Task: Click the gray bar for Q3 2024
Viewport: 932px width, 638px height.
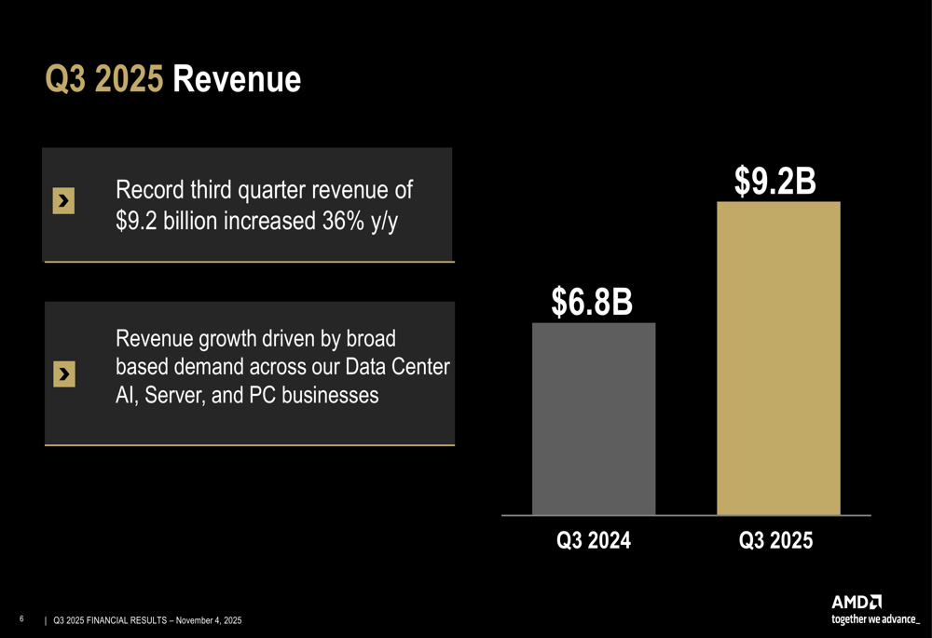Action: [x=594, y=418]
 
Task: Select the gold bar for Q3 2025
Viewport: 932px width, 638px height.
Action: [x=778, y=358]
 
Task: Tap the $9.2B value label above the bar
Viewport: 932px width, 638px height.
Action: [x=775, y=182]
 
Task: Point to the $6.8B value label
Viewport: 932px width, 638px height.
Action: [x=592, y=302]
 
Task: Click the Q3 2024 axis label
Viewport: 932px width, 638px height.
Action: [x=594, y=540]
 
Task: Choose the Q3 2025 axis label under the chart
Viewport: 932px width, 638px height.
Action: [x=775, y=540]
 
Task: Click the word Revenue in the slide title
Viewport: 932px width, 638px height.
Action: [x=237, y=80]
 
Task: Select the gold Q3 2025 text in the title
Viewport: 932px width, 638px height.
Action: [x=104, y=80]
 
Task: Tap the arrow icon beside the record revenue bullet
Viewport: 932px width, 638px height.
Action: [x=63, y=200]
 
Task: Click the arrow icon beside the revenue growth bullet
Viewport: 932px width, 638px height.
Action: [x=63, y=373]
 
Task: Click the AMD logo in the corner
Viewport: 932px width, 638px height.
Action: [x=857, y=603]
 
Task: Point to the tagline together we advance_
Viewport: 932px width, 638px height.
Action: [x=875, y=618]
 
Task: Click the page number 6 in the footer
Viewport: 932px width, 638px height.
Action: [x=21, y=618]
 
